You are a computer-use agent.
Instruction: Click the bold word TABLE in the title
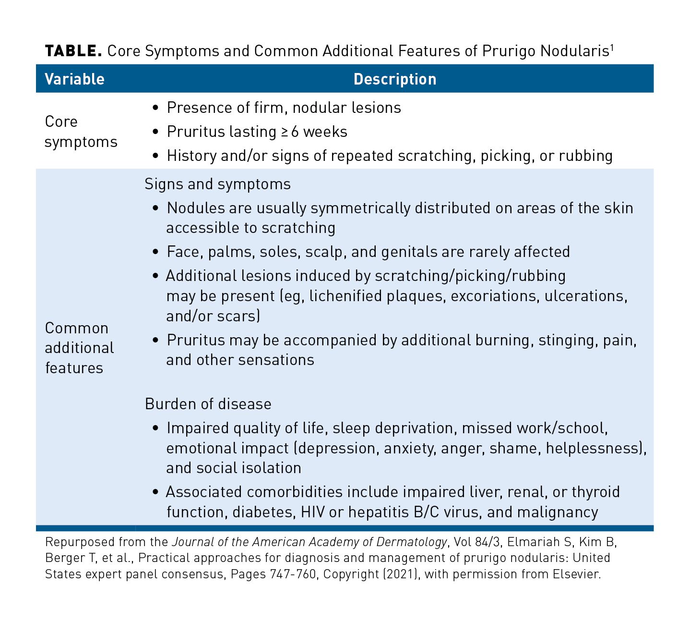click(73, 51)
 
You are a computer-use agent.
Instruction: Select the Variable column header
click(74, 79)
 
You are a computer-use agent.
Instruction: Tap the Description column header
click(395, 79)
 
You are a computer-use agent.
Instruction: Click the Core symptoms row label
click(81, 132)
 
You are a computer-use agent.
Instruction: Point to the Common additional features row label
click(79, 348)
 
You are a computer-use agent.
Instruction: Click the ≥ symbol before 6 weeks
click(284, 132)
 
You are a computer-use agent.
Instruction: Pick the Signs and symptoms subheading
click(217, 184)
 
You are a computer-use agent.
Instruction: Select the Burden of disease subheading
click(208, 403)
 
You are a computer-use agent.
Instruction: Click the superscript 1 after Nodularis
click(612, 47)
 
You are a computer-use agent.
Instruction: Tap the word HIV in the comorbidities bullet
click(313, 512)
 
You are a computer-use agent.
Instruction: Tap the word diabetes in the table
click(262, 512)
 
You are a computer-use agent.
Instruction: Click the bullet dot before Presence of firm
click(155, 108)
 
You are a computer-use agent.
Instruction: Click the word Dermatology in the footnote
click(411, 542)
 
